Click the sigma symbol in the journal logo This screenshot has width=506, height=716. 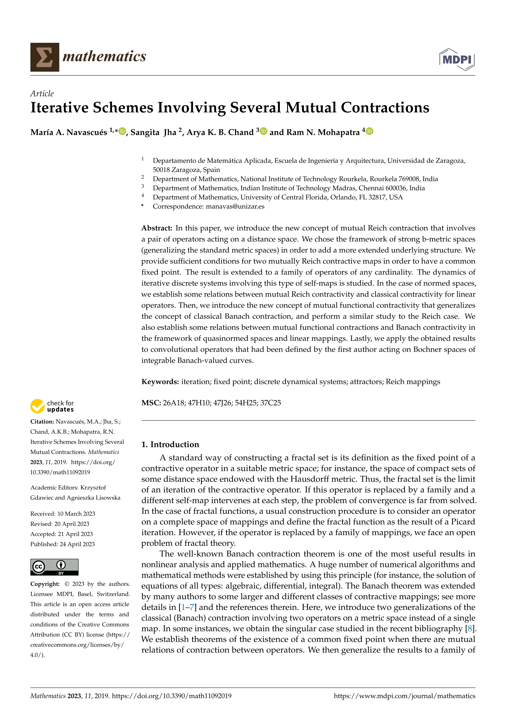[x=44, y=57]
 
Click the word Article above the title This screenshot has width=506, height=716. [x=42, y=94]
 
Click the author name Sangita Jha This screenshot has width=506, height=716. [x=153, y=133]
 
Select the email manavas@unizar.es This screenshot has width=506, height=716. [x=235, y=206]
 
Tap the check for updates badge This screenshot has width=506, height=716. [x=52, y=406]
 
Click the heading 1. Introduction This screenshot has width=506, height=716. [x=170, y=444]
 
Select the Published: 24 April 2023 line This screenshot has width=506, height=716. [x=62, y=544]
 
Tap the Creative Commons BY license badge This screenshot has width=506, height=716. [x=54, y=567]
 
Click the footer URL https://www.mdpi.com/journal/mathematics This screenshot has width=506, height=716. [x=404, y=696]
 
